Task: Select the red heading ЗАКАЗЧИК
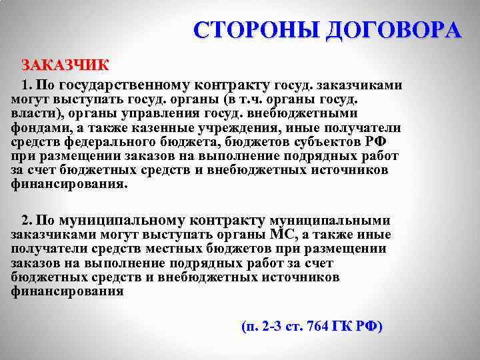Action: (x=65, y=65)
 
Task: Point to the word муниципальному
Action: (x=123, y=221)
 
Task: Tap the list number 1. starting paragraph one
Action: (x=27, y=85)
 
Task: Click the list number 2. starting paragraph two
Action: (x=27, y=221)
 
